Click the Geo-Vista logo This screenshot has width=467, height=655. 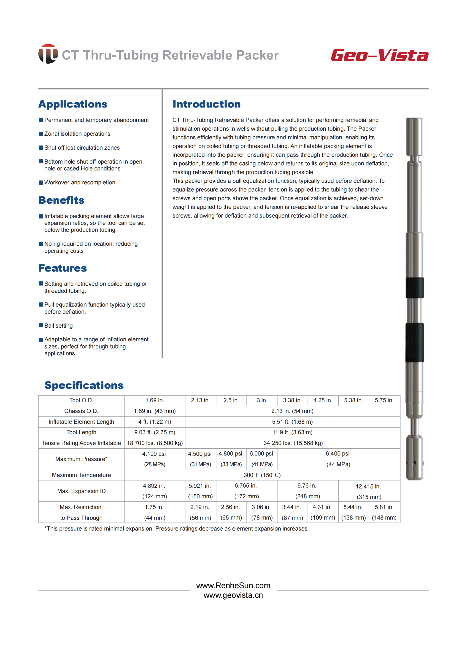tap(379, 55)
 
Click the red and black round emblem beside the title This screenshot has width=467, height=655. tap(48, 54)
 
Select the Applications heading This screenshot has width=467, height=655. tap(73, 104)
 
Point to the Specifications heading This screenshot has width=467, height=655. tap(84, 385)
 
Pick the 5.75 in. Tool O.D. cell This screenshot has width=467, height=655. tap(384, 400)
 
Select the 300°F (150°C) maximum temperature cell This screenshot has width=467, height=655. tap(262, 475)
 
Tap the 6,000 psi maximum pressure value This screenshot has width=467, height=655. tap(261, 454)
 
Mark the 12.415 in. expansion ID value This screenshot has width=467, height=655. tap(368, 487)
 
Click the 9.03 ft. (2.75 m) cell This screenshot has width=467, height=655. tap(155, 432)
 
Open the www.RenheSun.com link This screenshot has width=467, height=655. tap(233, 585)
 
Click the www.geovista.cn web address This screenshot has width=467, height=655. tap(233, 595)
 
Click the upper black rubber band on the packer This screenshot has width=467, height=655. tap(414, 288)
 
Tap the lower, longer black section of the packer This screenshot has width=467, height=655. tap(414, 342)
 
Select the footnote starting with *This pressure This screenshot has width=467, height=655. tap(176, 528)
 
